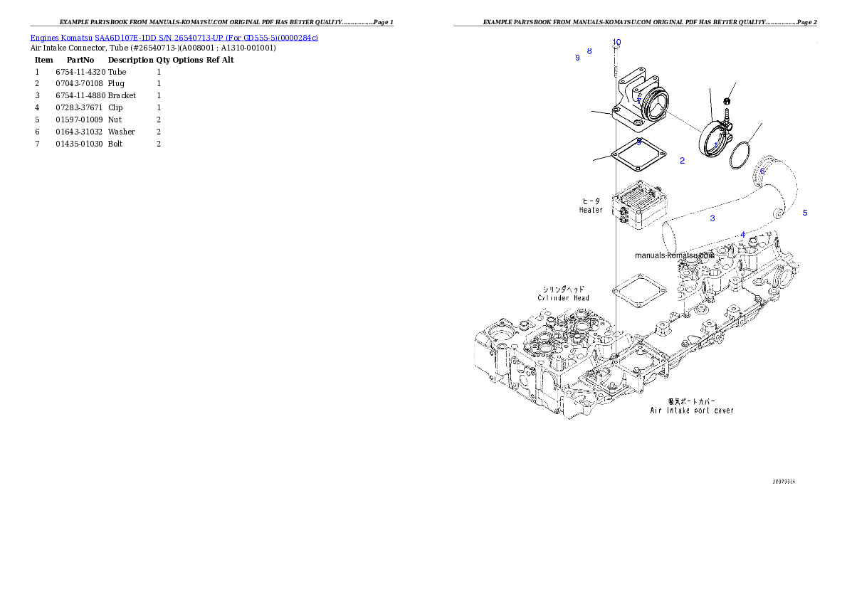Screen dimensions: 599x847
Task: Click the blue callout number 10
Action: (x=616, y=42)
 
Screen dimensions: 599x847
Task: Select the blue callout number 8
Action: (x=589, y=51)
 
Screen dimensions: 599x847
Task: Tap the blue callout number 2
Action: (x=682, y=161)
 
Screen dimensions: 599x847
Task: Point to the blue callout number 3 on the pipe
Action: (x=712, y=218)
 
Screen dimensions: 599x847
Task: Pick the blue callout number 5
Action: (x=805, y=213)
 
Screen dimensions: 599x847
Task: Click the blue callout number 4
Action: (x=743, y=235)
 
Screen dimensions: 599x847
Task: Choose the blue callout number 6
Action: (x=762, y=171)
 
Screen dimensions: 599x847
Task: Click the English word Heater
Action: (x=591, y=210)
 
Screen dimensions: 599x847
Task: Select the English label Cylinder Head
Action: (x=564, y=298)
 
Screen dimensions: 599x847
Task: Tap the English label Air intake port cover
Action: (x=692, y=410)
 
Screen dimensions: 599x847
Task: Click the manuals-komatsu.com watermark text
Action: (x=673, y=255)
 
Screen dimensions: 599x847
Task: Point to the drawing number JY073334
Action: (x=784, y=482)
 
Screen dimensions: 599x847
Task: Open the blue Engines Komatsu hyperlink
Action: (x=174, y=37)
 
